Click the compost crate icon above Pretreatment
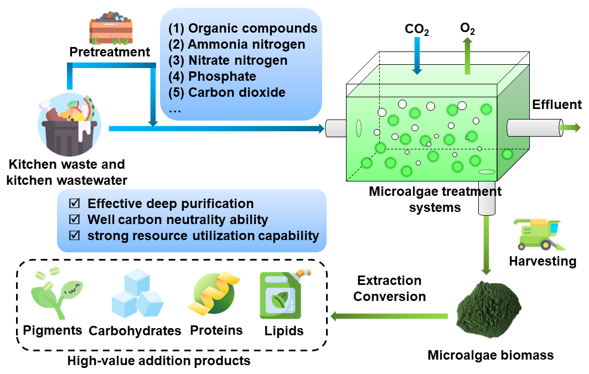click(x=111, y=28)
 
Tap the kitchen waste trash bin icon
click(x=70, y=124)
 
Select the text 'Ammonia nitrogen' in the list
click(x=246, y=44)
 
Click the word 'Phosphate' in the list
click(x=222, y=76)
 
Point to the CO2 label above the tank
click(x=417, y=29)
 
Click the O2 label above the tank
click(x=467, y=29)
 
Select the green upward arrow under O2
click(x=467, y=56)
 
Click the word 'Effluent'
click(x=557, y=105)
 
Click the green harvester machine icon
click(x=539, y=235)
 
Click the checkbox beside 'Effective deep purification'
click(x=74, y=203)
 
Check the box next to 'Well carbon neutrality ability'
click(x=74, y=219)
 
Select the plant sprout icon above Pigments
click(x=56, y=293)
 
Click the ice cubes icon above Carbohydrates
click(x=137, y=294)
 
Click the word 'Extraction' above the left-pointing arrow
click(x=389, y=280)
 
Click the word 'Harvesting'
click(x=542, y=261)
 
